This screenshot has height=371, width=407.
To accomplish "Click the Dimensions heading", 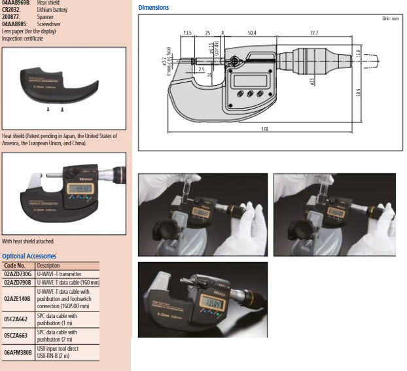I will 153,8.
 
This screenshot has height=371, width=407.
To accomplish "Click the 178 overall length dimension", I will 264,129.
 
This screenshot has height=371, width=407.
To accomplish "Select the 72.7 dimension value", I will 314,31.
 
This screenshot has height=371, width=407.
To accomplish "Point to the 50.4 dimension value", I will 252,31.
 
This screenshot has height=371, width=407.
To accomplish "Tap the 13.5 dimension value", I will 187,31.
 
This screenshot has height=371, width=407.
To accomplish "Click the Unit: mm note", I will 390,18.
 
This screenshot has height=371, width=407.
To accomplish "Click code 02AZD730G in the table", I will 18,274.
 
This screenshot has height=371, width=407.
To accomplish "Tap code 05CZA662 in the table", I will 16,319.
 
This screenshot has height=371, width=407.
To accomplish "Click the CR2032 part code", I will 12,10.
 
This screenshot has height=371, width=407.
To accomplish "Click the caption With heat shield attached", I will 28,241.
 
